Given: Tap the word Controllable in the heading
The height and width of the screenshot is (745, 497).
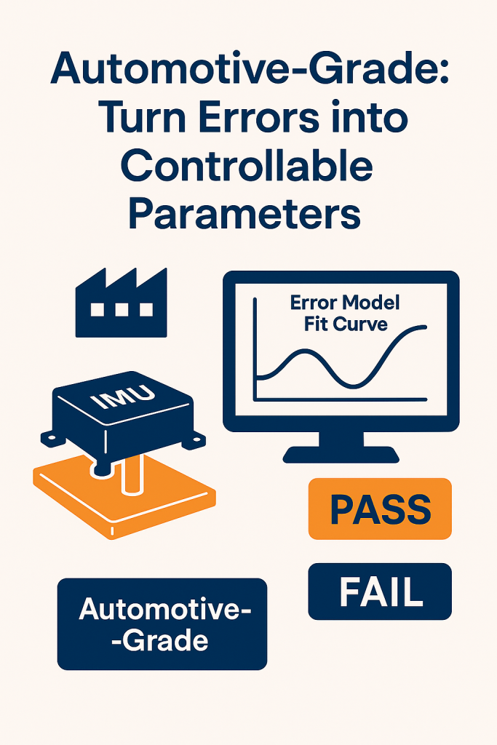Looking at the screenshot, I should (x=247, y=167).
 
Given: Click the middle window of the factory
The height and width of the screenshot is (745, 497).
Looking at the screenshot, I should (x=122, y=310).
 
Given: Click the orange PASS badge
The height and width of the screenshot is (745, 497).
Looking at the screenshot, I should (x=380, y=509).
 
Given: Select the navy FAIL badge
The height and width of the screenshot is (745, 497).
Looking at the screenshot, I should (x=380, y=591).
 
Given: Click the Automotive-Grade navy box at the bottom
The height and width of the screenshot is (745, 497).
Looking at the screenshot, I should (x=162, y=624).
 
